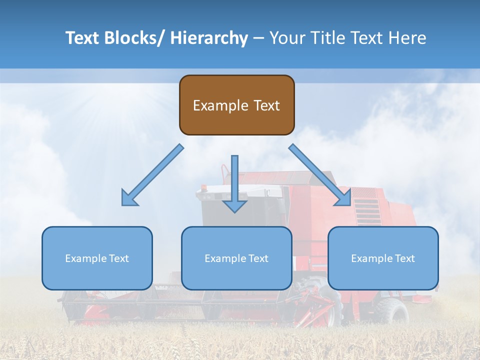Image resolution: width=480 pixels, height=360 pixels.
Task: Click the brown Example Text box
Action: click(236, 105)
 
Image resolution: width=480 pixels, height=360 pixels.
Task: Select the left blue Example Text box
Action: click(97, 258)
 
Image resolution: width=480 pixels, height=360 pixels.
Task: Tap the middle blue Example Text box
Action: click(236, 258)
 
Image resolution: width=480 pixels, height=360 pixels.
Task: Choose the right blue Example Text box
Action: click(383, 258)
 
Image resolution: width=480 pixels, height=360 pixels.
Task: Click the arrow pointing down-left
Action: click(152, 175)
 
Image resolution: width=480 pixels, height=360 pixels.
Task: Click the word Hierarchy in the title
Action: click(209, 38)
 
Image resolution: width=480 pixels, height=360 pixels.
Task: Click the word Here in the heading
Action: click(407, 38)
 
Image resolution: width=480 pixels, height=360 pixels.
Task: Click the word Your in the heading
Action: click(285, 38)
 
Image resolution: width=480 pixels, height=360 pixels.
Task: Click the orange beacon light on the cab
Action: click(204, 187)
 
